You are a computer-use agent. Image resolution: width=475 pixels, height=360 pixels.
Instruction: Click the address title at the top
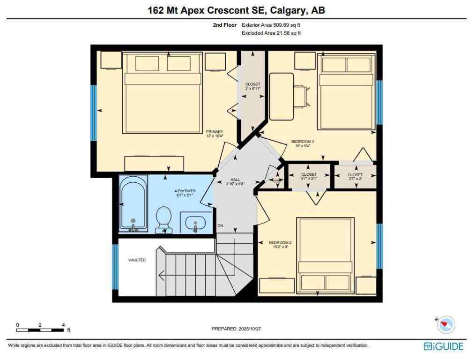(x=237, y=10)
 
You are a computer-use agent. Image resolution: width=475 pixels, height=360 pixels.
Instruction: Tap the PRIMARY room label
(x=215, y=134)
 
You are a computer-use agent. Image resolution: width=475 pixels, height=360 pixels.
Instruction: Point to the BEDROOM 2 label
(x=280, y=245)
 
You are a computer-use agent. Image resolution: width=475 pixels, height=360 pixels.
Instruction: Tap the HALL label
(x=235, y=181)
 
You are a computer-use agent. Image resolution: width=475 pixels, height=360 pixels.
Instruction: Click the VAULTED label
(x=137, y=260)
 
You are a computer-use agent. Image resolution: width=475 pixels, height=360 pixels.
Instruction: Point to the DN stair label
(x=220, y=226)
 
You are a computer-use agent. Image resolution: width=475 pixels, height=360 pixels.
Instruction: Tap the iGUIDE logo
(x=443, y=347)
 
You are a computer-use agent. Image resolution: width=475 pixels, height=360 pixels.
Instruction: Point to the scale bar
(x=40, y=330)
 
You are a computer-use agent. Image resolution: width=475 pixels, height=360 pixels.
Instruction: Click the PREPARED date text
(x=237, y=329)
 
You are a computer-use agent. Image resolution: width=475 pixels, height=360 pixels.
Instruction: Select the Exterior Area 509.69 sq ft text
(x=271, y=25)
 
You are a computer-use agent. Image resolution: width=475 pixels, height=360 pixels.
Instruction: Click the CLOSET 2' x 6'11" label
(x=252, y=86)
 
